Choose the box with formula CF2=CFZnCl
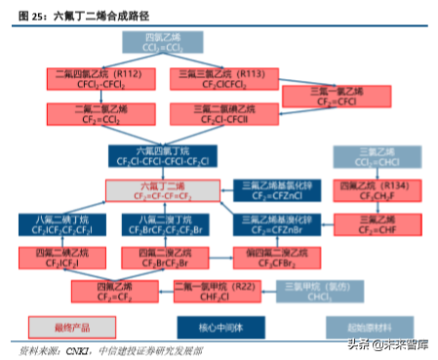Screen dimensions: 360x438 pyautogui.click(x=271, y=190)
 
